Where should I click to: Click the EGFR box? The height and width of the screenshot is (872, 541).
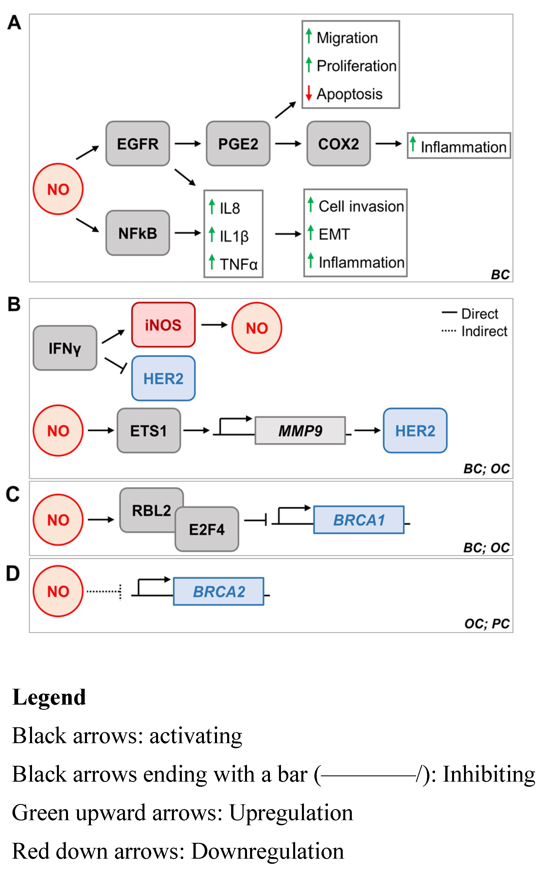(138, 143)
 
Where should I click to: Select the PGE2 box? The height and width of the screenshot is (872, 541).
(238, 143)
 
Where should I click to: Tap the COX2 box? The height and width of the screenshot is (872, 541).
(339, 143)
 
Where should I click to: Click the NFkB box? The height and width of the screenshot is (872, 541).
(138, 233)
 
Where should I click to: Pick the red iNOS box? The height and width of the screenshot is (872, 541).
(163, 325)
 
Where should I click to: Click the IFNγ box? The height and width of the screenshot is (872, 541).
(65, 348)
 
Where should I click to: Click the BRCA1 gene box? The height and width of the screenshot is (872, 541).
(359, 520)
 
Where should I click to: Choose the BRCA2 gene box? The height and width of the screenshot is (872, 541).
(219, 591)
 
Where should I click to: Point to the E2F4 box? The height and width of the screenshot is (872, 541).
(207, 529)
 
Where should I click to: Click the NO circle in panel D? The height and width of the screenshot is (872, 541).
(58, 591)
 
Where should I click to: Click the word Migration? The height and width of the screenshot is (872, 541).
(347, 38)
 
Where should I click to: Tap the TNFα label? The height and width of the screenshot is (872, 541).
(239, 264)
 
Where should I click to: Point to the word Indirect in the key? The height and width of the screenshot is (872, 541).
(484, 331)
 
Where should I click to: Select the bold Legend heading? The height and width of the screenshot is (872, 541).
(49, 697)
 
